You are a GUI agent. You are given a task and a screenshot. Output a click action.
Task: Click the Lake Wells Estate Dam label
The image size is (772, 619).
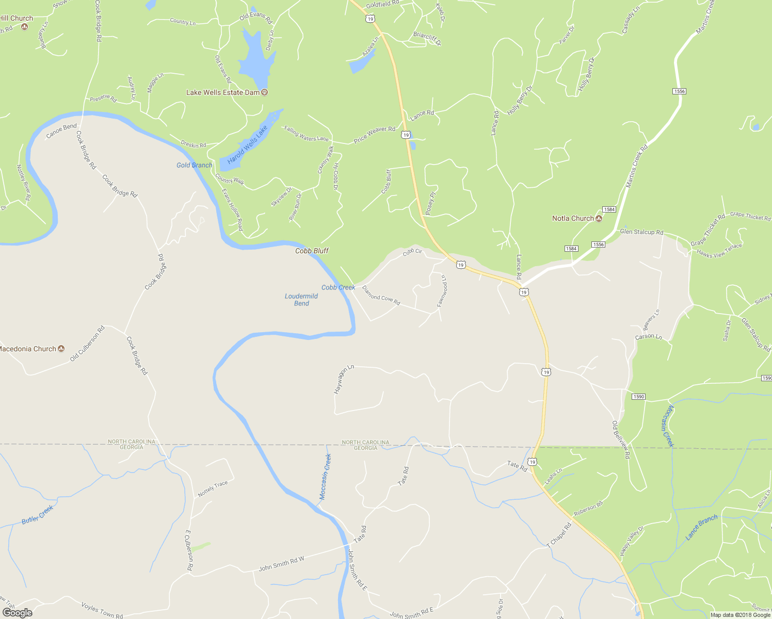coord(222,93)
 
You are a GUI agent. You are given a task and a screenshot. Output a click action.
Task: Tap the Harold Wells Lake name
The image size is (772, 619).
coord(248,145)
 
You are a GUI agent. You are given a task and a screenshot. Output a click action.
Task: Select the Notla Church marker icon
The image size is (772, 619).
coord(599,219)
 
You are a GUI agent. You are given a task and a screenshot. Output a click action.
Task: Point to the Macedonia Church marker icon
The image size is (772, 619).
coord(61,349)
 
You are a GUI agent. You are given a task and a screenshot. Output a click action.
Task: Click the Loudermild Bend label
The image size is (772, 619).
coord(301,300)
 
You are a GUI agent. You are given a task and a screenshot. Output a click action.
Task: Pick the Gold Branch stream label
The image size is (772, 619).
coord(194,165)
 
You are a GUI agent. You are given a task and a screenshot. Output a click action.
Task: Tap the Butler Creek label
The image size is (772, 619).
coord(37,515)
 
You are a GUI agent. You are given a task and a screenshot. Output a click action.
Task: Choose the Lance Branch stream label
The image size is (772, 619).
coord(701,527)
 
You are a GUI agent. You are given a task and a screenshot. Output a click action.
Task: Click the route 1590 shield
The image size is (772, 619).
coord(638,397)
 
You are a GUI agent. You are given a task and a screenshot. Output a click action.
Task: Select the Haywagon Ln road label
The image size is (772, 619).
coord(344,380)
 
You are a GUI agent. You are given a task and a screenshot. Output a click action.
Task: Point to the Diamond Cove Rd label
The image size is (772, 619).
coord(381,296)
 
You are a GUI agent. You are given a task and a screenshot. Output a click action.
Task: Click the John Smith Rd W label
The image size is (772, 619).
coord(281,564)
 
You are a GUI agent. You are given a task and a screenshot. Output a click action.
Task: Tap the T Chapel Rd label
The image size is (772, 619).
coord(559,535)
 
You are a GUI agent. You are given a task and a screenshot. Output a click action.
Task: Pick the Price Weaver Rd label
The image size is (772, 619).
coord(374,135)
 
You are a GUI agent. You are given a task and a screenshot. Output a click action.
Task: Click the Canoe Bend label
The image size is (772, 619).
coord(61,131)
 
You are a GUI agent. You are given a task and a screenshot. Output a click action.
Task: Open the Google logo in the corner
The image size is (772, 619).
coord(17,613)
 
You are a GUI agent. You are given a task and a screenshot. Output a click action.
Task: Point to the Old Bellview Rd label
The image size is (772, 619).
coord(621,439)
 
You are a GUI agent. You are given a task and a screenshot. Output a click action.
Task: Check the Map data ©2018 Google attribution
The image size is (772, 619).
coord(740,615)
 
